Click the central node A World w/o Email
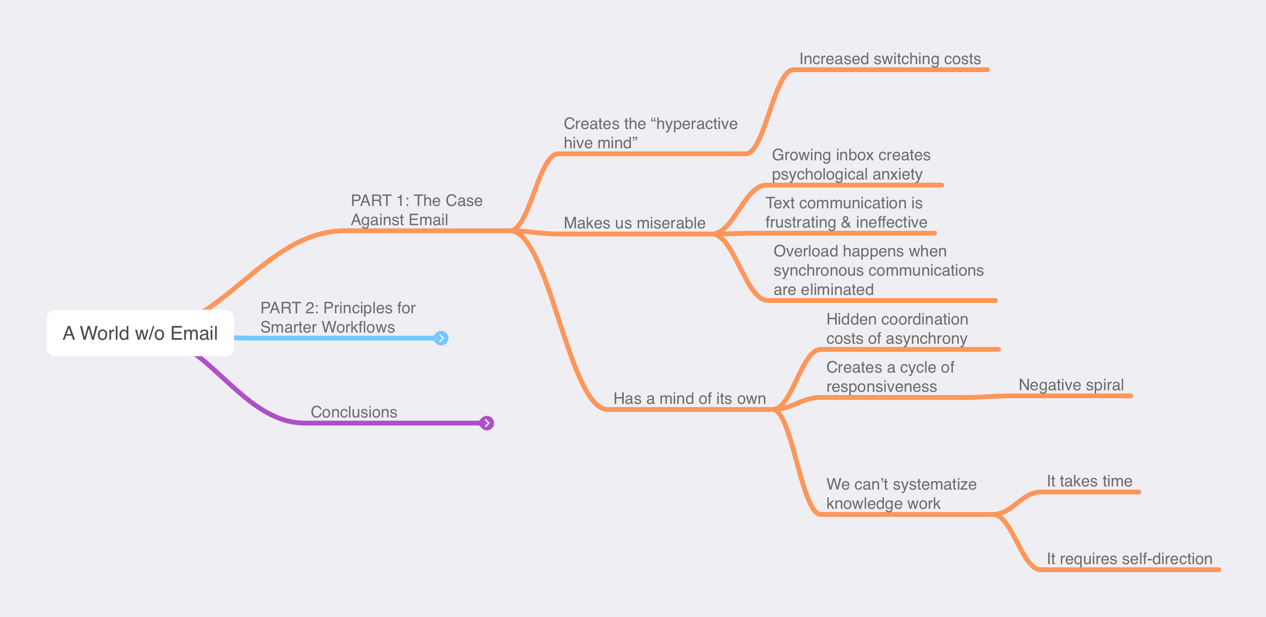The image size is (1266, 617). click(x=140, y=333)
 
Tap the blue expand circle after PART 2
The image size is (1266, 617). click(x=441, y=338)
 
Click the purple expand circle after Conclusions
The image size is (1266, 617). click(x=486, y=423)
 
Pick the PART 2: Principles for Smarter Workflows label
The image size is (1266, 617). click(x=337, y=317)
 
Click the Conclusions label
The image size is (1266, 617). click(x=354, y=412)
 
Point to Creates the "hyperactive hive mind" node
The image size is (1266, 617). click(x=650, y=133)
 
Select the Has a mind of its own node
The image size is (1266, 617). click(x=689, y=398)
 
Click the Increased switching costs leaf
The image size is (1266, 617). click(x=890, y=59)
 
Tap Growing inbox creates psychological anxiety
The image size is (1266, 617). click(x=850, y=164)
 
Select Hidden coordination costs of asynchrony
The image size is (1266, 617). click(x=896, y=329)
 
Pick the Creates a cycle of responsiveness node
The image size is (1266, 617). click(x=890, y=377)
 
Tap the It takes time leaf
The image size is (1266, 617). click(x=1089, y=481)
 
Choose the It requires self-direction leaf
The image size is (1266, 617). click(x=1129, y=559)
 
